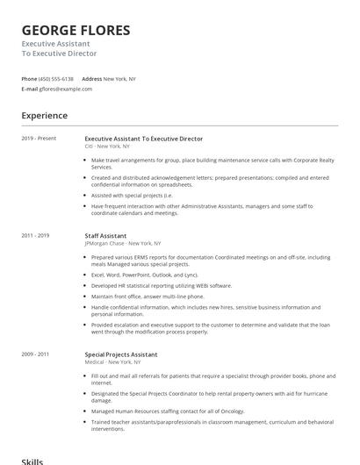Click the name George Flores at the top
[76, 31]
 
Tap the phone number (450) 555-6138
[56, 78]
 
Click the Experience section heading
[44, 116]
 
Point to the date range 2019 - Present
[39, 139]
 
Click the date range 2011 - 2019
[36, 235]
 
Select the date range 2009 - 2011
[36, 354]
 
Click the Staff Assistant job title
[105, 235]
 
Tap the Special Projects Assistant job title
[121, 354]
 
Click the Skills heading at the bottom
[32, 461]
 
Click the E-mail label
[30, 89]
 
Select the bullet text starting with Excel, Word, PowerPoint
[144, 275]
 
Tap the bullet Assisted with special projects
[132, 196]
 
